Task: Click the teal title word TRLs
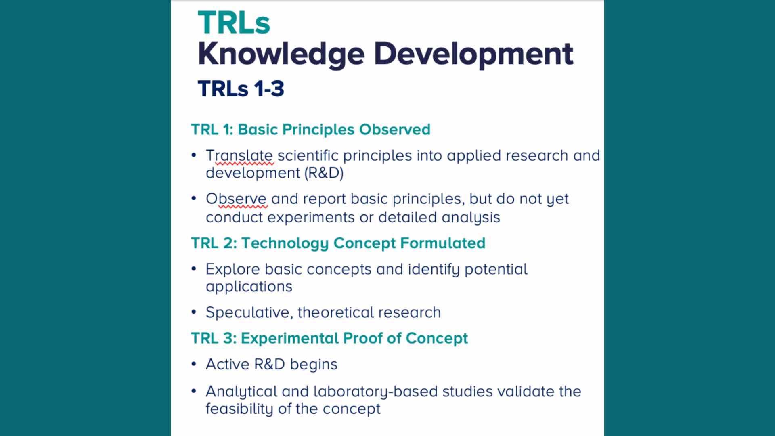(234, 23)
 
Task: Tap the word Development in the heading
(473, 54)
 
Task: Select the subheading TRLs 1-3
(241, 89)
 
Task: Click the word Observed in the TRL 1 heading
(395, 130)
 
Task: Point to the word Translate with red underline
(239, 156)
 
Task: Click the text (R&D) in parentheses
(324, 173)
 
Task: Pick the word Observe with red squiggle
(236, 199)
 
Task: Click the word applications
(249, 287)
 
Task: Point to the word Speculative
(249, 312)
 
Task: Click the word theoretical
(335, 312)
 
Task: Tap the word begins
(314, 365)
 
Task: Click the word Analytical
(241, 392)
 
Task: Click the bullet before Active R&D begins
(194, 364)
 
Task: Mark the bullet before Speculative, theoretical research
(194, 312)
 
